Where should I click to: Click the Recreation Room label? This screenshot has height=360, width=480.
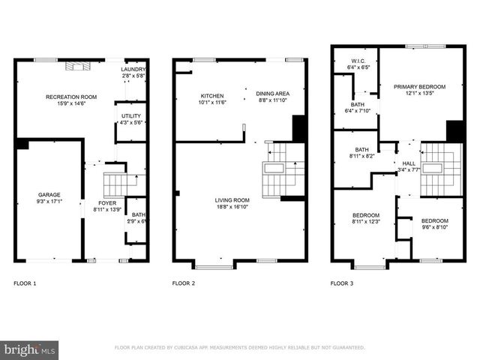(71, 97)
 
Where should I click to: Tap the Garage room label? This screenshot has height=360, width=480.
(48, 196)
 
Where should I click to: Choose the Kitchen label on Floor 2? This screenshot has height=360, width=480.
(211, 96)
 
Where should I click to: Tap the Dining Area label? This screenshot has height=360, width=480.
(273, 92)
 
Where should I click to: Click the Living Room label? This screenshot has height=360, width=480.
(232, 200)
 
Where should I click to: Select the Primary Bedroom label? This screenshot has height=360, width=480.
(419, 87)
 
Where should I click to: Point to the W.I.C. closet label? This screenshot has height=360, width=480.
(358, 61)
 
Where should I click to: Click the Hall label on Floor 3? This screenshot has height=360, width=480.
(408, 163)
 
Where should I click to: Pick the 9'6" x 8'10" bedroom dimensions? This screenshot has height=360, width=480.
(435, 227)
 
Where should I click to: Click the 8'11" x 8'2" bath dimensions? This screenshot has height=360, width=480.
(361, 156)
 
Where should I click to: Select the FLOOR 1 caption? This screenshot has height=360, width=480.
(25, 283)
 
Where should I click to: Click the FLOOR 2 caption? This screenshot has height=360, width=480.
(184, 283)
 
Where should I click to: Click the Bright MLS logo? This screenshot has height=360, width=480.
(30, 349)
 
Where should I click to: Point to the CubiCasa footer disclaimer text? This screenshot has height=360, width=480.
(239, 347)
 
